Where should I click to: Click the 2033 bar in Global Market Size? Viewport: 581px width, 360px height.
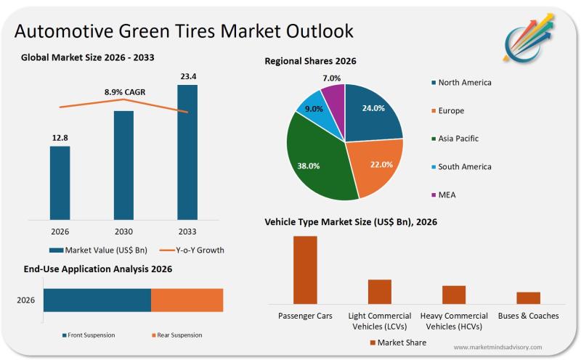coord(187,152)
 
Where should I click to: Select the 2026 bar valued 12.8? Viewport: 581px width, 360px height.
coord(60,182)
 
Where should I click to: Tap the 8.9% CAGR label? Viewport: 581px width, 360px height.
coord(124,92)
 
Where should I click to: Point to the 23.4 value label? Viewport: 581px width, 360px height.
coord(187,75)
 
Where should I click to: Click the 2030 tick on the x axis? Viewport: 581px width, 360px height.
coord(124,232)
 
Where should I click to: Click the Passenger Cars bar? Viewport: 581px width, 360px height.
coord(305,269)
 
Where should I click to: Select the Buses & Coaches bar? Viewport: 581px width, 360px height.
coord(528,298)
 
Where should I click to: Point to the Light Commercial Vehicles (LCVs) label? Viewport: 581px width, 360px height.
coord(379,321)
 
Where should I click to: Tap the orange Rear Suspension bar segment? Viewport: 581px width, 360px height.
coord(187,300)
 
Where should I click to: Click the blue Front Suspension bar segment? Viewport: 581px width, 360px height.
coord(97,300)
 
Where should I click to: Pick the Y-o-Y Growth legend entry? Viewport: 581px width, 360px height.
coord(194,250)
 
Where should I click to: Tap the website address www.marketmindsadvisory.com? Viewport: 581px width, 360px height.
coord(508,348)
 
